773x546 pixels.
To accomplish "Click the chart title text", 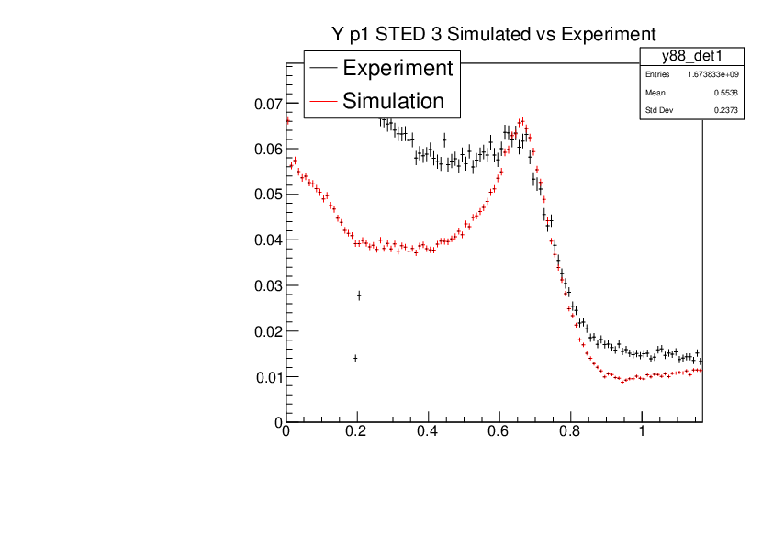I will pyautogui.click(x=495, y=34).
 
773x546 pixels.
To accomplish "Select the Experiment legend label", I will pyautogui.click(x=397, y=68).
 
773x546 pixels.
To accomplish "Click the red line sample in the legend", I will pyautogui.click(x=324, y=101).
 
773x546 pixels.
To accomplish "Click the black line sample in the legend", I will pyautogui.click(x=324, y=68).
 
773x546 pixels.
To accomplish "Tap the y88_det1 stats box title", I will pyautogui.click(x=691, y=57).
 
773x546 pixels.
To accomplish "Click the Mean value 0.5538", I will pyautogui.click(x=726, y=93).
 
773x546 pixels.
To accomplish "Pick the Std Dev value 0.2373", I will pyautogui.click(x=726, y=111).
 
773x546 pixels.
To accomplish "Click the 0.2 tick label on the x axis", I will pyautogui.click(x=357, y=431).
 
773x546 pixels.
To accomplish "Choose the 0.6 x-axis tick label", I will pyautogui.click(x=499, y=431).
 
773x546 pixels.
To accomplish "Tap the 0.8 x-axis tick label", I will pyautogui.click(x=570, y=431).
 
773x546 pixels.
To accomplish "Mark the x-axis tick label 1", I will pyautogui.click(x=642, y=431).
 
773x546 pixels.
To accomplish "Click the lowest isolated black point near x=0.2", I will pyautogui.click(x=355, y=358).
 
